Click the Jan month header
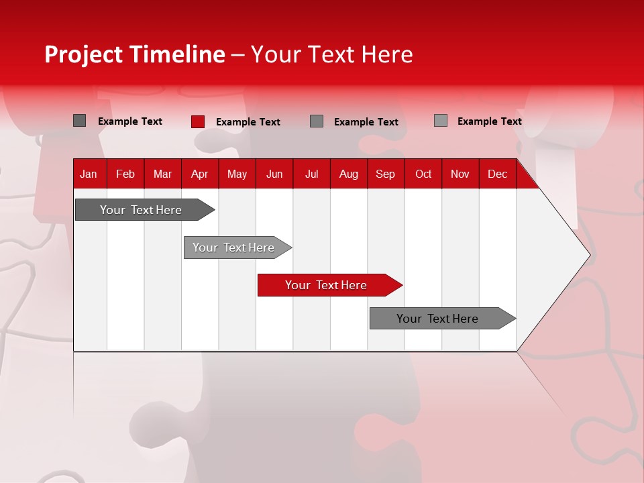coord(89,174)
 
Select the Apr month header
coord(199,174)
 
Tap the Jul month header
coord(311,174)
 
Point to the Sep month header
coord(385,174)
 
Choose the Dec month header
coord(497,174)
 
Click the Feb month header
coord(125,174)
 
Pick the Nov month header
coord(460,174)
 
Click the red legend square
coord(198,121)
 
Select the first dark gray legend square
coord(79,121)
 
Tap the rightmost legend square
coord(441,121)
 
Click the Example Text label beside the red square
coord(248,122)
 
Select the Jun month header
coord(274,174)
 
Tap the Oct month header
coord(423,174)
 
